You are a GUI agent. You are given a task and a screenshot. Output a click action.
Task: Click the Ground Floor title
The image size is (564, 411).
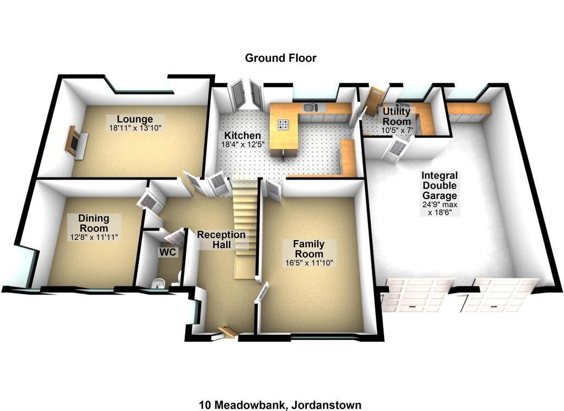click(280, 58)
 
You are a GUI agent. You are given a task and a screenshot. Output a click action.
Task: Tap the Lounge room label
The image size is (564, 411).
click(135, 119)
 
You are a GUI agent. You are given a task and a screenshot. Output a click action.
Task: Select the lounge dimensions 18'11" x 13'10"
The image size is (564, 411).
click(135, 127)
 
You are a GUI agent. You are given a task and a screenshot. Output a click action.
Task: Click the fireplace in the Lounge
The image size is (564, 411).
click(76, 141)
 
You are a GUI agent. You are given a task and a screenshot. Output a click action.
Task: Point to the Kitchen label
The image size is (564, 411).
click(242, 136)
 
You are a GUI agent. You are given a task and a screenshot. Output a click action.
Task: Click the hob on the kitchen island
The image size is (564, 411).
click(283, 124)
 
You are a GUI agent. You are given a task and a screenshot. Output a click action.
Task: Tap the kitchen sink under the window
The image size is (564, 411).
click(310, 107)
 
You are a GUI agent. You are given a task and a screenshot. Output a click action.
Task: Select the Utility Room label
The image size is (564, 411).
click(397, 116)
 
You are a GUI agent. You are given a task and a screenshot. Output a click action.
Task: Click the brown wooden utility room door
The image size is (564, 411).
click(375, 102)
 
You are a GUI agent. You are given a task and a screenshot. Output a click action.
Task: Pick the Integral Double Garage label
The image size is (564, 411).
click(440, 185)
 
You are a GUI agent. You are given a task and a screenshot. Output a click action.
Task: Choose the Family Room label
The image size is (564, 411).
click(308, 249)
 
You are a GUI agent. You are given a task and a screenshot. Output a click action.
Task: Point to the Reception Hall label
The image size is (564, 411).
click(221, 239)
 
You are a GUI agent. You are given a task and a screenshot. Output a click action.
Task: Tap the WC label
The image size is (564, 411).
click(167, 252)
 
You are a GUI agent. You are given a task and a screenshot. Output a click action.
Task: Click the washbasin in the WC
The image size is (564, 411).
click(158, 284)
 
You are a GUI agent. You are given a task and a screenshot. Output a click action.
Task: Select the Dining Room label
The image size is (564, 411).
click(94, 223)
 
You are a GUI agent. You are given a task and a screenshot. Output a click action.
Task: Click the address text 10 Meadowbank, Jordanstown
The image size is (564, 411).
click(280, 405)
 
